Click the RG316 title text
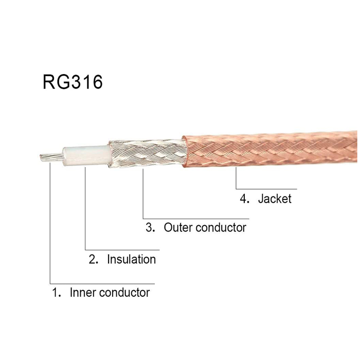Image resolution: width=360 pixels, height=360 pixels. [x=73, y=82]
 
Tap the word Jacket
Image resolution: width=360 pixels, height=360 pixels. [x=275, y=199]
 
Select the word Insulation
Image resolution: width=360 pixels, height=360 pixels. [x=131, y=259]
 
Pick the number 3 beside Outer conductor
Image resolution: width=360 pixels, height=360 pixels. [x=150, y=227]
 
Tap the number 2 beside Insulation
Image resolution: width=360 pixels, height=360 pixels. [x=93, y=259]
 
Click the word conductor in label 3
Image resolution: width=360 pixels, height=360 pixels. [x=221, y=227]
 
